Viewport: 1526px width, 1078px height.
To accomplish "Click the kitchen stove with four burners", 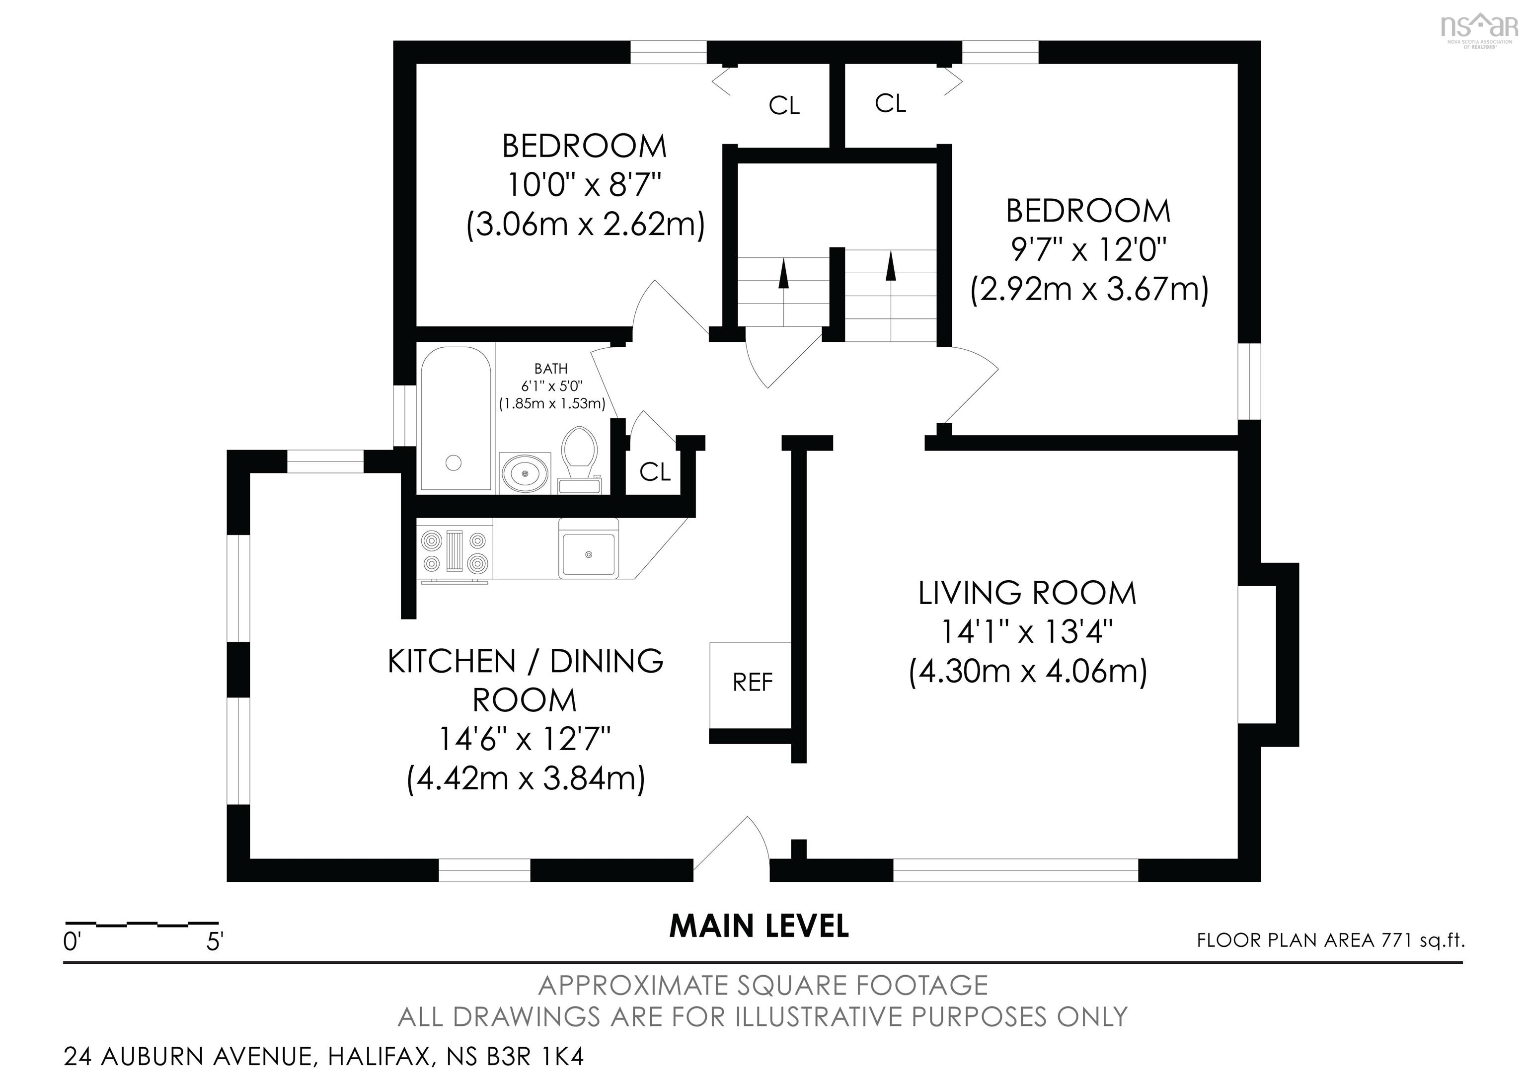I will coord(455,551).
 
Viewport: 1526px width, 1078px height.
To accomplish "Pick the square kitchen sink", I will coord(588,553).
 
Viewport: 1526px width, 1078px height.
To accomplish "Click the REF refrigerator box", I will coord(752,683).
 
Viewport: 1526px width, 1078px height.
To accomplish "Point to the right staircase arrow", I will coord(891,266).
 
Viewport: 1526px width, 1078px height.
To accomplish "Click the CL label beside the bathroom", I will coord(655,472).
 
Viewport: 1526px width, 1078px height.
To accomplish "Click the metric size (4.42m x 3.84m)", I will coord(525,778).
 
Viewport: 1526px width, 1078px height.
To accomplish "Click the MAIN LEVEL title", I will coord(759,926).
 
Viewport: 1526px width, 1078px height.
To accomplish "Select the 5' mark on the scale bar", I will coord(215,942).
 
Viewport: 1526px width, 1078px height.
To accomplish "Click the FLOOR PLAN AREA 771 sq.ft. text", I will coord(1331,940).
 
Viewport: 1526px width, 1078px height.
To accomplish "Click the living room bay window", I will coord(1268,655).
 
